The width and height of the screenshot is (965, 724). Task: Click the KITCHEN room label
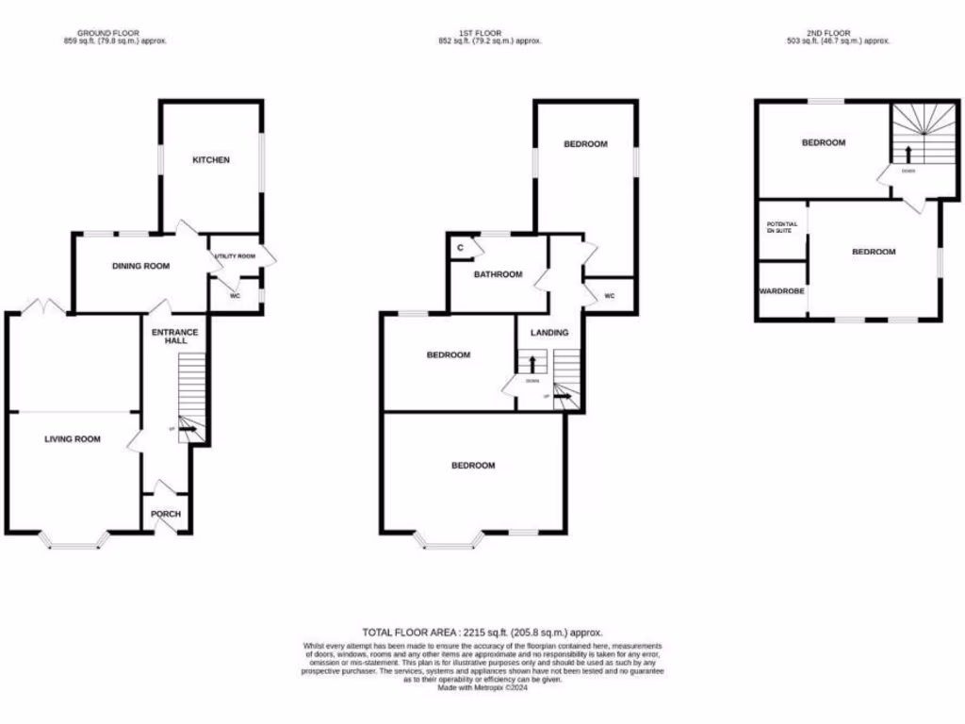[x=211, y=160]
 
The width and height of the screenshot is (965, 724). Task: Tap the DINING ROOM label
[x=141, y=266]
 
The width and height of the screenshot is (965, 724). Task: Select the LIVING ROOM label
[x=72, y=438]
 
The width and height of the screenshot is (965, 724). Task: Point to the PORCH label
[x=166, y=514]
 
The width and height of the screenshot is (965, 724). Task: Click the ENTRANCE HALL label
[x=175, y=337]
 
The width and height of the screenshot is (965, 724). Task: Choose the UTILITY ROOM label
[x=235, y=256]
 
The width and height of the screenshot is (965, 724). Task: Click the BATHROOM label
[x=498, y=274]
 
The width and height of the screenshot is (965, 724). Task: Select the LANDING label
[x=549, y=332]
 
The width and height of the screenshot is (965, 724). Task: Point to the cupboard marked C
[x=460, y=248]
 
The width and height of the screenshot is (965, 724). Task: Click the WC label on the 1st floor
[x=609, y=296]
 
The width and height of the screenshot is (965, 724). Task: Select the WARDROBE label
[x=782, y=291]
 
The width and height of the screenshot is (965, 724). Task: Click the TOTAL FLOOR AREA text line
[x=482, y=632]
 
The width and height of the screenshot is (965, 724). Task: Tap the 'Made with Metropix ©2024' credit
[x=482, y=688]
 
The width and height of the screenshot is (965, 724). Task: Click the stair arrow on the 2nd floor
[x=908, y=155]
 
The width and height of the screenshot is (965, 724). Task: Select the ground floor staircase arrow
[x=188, y=429]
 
